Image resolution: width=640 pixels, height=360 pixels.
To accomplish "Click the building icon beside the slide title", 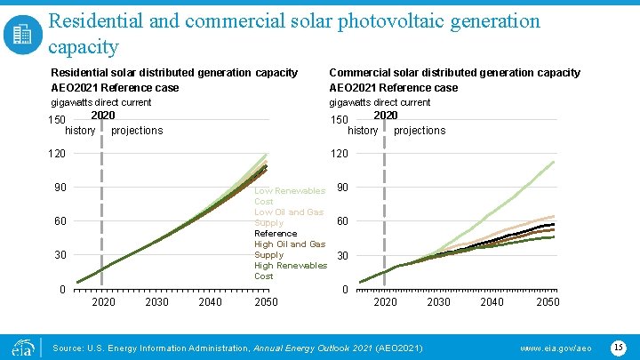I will pyautogui.click(x=22, y=34).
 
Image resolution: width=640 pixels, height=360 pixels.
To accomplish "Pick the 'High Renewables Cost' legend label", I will pyautogui.click(x=290, y=271).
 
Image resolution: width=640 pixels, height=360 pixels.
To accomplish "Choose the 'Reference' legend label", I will pyautogui.click(x=276, y=233).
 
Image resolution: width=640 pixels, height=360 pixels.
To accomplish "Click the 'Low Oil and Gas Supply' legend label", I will pyautogui.click(x=289, y=217).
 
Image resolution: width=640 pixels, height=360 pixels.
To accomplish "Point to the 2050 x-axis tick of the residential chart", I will pyautogui.click(x=266, y=302).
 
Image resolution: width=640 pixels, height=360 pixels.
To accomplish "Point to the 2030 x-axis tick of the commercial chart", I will pyautogui.click(x=438, y=302).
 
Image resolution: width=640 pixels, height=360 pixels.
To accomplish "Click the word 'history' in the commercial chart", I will pyautogui.click(x=363, y=131).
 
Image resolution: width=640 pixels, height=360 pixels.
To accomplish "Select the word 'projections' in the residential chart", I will pyautogui.click(x=137, y=131).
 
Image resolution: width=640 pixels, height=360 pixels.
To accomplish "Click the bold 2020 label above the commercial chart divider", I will pyautogui.click(x=385, y=116).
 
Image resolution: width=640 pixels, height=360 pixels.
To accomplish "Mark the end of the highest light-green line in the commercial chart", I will pyautogui.click(x=555, y=161).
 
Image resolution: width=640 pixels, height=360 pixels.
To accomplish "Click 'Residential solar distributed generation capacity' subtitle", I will pyautogui.click(x=174, y=73).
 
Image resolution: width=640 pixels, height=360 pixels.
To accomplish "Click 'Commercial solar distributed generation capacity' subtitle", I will pyautogui.click(x=454, y=73).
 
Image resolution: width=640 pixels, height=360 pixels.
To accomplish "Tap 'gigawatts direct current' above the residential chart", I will pyautogui.click(x=101, y=102).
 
